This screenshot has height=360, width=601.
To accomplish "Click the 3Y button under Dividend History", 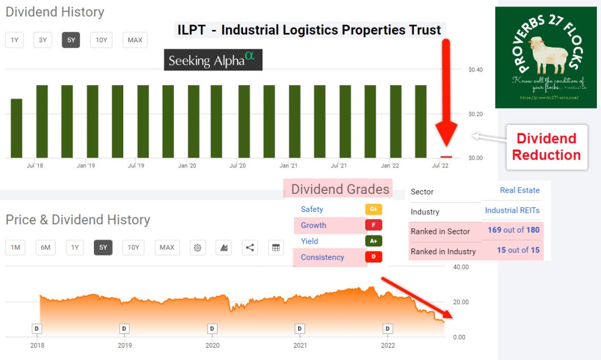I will [x=43, y=40].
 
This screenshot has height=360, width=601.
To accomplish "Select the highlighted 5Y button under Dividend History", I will [x=71, y=40].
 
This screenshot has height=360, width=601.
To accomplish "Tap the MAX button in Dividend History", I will [x=135, y=40].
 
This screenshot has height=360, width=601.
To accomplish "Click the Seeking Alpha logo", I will [x=212, y=60].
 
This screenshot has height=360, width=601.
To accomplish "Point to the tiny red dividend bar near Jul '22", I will [x=447, y=157].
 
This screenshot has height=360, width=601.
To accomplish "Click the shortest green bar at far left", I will [x=16, y=128].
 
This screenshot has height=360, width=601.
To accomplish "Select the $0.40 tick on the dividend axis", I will [x=475, y=70].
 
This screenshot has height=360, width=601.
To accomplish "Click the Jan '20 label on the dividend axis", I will [x=187, y=166].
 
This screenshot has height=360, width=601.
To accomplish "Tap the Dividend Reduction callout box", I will [x=546, y=147].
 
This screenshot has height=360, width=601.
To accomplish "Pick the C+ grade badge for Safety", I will [x=373, y=209].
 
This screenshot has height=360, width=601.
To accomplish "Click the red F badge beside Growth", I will [x=373, y=225].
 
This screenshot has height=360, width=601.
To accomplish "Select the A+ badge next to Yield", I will [x=373, y=241].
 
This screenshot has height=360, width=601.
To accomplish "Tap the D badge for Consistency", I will [x=373, y=257].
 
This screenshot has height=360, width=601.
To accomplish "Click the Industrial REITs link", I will [x=512, y=210].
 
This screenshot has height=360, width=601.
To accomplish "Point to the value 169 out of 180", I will [x=514, y=230].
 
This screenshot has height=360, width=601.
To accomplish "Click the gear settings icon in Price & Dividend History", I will [x=198, y=247].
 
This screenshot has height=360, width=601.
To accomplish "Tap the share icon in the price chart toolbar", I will [x=250, y=247].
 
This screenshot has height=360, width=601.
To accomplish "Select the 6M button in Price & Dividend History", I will [x=46, y=247].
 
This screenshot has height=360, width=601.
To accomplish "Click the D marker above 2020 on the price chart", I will [x=212, y=328].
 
